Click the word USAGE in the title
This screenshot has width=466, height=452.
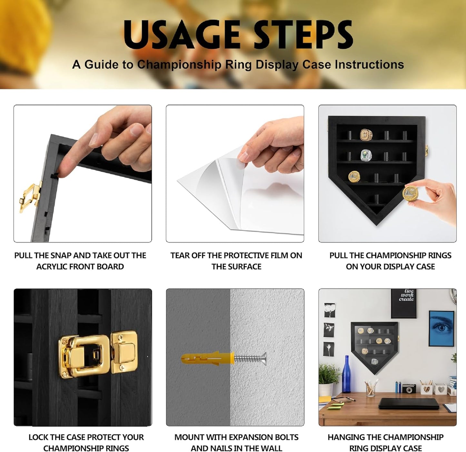click(182, 35)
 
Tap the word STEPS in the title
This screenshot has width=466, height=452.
click(303, 35)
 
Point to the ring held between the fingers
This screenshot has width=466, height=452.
click(410, 193)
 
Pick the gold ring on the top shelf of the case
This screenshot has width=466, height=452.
click(366, 135)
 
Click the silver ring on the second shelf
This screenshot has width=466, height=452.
click(366, 155)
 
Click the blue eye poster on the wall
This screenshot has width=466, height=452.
click(441, 328)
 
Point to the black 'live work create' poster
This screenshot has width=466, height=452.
click(403, 303)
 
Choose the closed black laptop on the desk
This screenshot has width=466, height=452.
click(409, 404)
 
